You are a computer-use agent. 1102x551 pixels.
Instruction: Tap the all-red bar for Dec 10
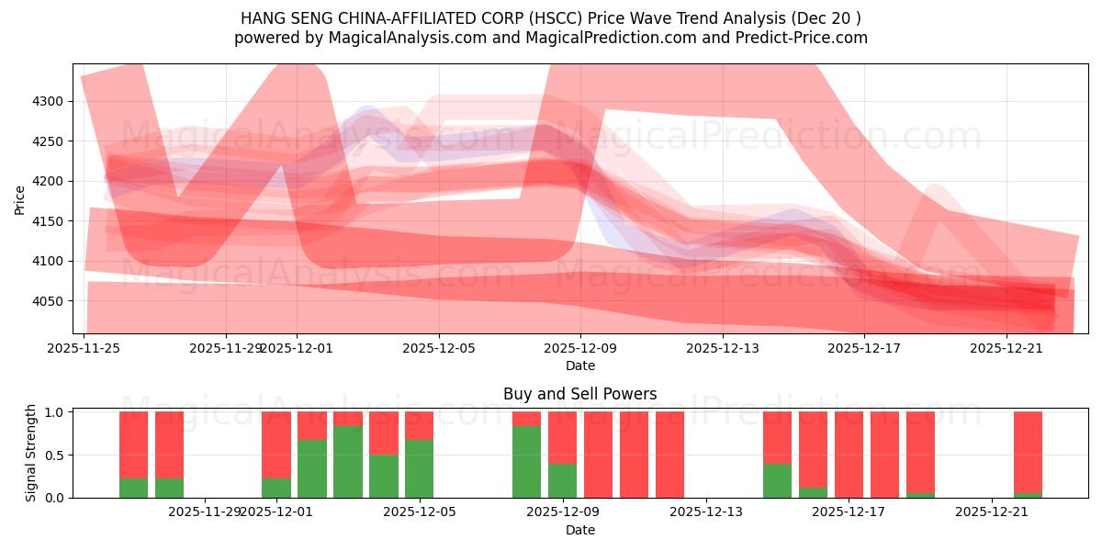(x=598, y=455)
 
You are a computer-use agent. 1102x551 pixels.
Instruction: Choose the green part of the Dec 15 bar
(x=777, y=480)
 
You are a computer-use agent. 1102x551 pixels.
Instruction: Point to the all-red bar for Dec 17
(x=849, y=455)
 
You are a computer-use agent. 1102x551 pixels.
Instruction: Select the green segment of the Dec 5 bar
(x=419, y=468)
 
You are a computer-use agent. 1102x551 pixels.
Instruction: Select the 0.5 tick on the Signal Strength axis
(x=55, y=455)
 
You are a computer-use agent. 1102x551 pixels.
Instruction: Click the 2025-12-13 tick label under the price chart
(x=723, y=348)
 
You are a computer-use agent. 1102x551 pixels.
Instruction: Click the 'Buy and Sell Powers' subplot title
(x=579, y=394)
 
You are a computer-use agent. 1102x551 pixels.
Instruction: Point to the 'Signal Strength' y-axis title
(x=30, y=453)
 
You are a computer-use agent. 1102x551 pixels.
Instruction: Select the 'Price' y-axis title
(x=19, y=198)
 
